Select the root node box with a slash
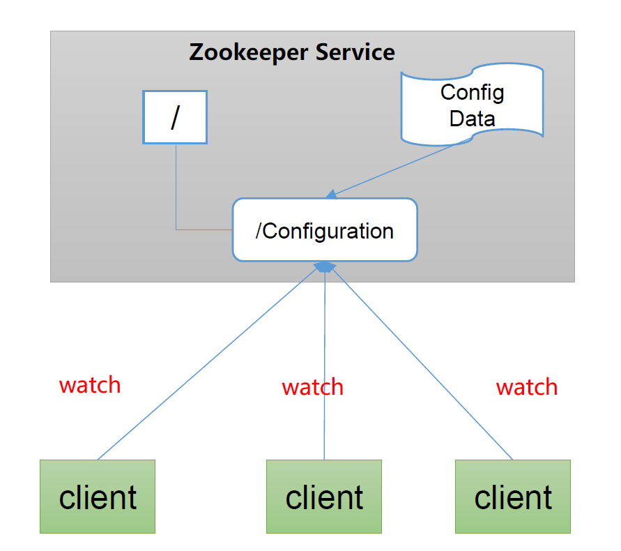click(x=175, y=117)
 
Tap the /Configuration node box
click(x=325, y=230)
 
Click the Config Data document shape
click(x=472, y=105)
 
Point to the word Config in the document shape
click(x=472, y=92)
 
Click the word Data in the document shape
click(x=472, y=118)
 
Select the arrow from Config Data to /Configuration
click(x=401, y=167)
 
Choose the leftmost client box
click(x=98, y=497)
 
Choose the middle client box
click(x=324, y=497)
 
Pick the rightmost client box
click(x=513, y=497)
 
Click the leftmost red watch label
click(x=90, y=385)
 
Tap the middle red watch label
click(x=312, y=387)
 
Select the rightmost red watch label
click(x=526, y=387)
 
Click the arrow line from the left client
click(x=209, y=363)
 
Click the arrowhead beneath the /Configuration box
click(x=325, y=267)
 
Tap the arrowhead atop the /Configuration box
click(x=332, y=193)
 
